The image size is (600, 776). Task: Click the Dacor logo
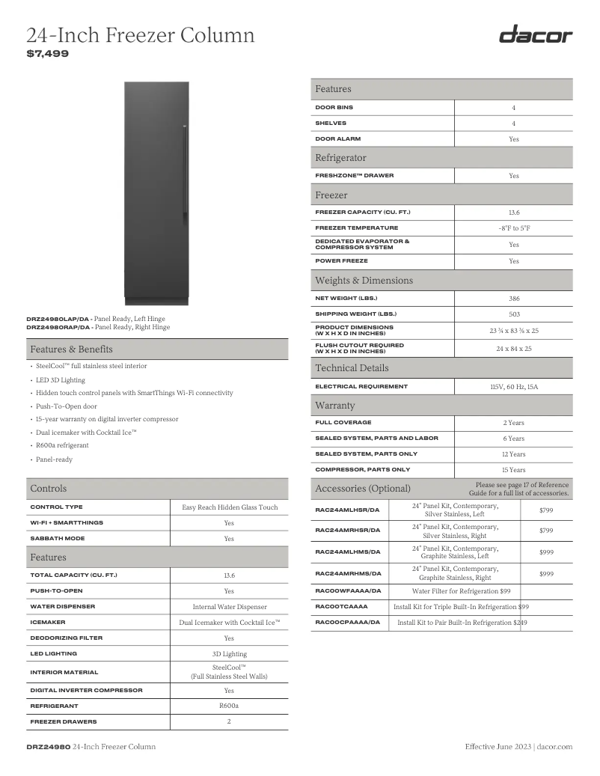tap(535, 35)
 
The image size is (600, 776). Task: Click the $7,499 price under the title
tap(47, 54)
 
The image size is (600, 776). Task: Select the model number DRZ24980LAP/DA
tap(58, 319)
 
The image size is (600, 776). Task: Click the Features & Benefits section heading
tap(72, 349)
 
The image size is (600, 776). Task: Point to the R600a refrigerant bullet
tap(57, 445)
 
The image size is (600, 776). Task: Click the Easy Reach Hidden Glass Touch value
tap(229, 507)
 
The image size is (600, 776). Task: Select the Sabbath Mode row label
tap(57, 539)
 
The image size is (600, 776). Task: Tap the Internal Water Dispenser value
tap(229, 607)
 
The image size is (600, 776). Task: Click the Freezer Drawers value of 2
tap(229, 722)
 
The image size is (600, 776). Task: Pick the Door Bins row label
tap(334, 108)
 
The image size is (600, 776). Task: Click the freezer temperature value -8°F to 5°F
tap(513, 228)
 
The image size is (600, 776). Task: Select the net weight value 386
tap(513, 299)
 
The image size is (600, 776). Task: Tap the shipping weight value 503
tap(513, 314)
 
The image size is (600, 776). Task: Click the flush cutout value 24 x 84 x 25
tap(513, 349)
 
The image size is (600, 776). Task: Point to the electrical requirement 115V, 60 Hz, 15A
tap(513, 388)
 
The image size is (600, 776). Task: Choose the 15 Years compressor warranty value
tap(513, 470)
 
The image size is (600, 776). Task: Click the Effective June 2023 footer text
tap(498, 747)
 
